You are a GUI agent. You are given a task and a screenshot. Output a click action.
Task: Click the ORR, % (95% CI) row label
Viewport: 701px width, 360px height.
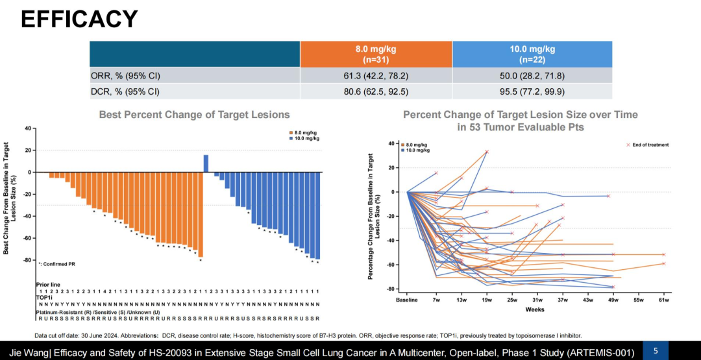click(x=125, y=75)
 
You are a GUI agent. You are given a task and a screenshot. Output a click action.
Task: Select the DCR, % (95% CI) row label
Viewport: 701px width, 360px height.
click(x=125, y=91)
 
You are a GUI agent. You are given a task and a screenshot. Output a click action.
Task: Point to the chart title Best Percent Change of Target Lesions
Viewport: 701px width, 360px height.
click(x=194, y=115)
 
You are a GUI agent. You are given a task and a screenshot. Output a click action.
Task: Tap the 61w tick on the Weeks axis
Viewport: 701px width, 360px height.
click(x=663, y=300)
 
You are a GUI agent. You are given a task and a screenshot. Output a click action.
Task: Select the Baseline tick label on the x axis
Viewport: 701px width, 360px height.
click(x=407, y=300)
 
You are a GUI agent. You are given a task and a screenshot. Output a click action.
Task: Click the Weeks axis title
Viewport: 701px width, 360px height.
click(x=535, y=309)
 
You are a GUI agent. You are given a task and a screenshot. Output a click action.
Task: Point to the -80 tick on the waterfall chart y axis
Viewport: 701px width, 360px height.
click(x=27, y=260)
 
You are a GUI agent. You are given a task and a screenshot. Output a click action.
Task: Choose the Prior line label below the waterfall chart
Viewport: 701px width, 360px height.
click(x=48, y=284)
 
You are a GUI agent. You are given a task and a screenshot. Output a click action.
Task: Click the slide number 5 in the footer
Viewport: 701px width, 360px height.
click(x=656, y=350)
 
